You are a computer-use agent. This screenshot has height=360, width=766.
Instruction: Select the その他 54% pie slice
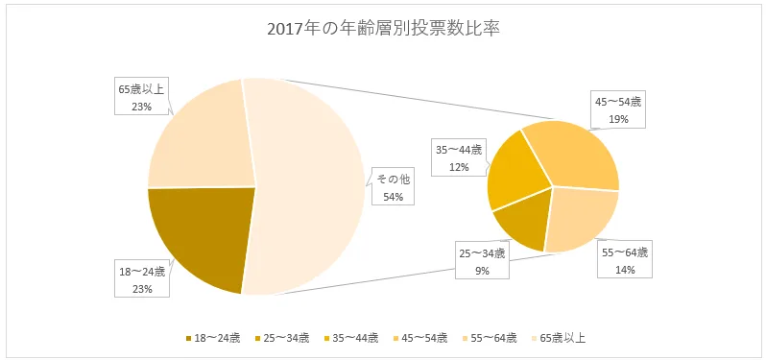307,192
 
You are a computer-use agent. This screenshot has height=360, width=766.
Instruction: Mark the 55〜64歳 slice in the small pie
581,216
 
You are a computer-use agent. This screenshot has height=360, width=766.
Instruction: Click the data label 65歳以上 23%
136,97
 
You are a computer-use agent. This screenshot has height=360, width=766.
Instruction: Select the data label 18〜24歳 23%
136,279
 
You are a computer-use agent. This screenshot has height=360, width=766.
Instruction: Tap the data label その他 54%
393,188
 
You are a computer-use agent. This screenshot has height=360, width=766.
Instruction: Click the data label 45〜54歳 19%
618,110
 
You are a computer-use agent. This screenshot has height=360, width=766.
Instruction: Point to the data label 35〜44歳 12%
458,158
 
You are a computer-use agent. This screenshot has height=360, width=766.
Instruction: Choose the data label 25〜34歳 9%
482,261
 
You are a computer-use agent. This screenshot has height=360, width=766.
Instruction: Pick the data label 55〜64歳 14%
624,261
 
